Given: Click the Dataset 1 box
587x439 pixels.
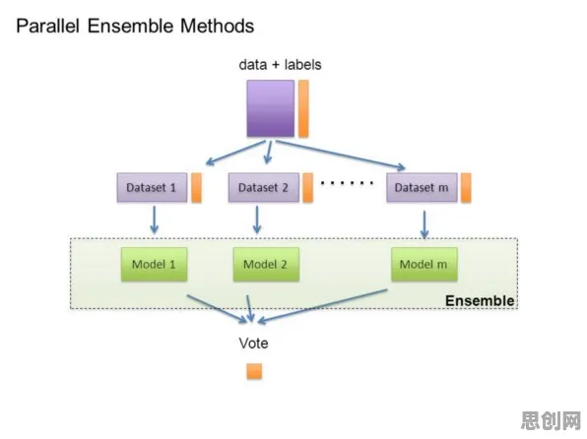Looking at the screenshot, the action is coord(152,187).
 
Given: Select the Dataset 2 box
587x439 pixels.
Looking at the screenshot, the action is coord(264,187).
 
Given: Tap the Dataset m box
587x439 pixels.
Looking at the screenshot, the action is coord(422,187).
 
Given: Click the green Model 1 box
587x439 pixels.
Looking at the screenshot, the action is coord(154,264).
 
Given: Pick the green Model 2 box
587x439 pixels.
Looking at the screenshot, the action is coord(266,264).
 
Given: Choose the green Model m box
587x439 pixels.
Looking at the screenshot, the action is coord(424,264).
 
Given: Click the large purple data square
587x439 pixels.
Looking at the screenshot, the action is coord(270,108).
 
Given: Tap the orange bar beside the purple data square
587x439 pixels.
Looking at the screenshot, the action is coord(303,108).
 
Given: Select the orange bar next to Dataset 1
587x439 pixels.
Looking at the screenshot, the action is coord(197,187).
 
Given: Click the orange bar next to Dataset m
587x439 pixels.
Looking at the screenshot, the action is coord(466,187).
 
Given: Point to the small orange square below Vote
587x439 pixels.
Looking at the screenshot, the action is coord(254,372).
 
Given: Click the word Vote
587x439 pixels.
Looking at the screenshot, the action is coord(253,344).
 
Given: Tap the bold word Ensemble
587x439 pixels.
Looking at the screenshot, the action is coord(480,301).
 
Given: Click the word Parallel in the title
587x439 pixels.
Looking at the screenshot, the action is coord(48,27).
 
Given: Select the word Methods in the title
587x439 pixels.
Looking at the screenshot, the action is coord(217,27).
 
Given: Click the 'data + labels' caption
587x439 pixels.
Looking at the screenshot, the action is coord(280,65).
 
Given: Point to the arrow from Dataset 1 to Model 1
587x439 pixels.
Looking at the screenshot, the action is coord(154,219).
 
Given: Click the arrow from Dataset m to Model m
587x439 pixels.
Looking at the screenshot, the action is coord(424,224).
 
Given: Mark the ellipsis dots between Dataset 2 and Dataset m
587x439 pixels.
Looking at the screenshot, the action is coord(347,183).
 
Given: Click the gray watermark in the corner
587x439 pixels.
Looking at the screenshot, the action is coord(551,420).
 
